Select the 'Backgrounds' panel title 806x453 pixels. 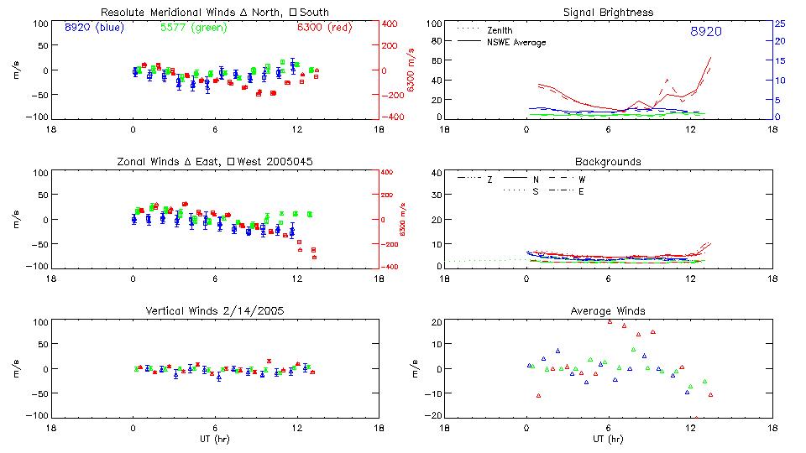(x=608, y=161)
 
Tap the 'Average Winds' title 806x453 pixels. (x=608, y=310)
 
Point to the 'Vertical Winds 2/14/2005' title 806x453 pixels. (x=214, y=310)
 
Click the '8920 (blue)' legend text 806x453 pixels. (x=93, y=28)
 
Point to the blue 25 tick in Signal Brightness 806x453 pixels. (x=778, y=23)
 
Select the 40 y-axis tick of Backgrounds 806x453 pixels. (x=436, y=173)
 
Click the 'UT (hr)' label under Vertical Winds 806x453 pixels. (x=214, y=440)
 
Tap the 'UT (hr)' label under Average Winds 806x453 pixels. (x=608, y=440)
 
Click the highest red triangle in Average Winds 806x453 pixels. (x=610, y=321)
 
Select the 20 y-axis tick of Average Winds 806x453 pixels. (x=436, y=322)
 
